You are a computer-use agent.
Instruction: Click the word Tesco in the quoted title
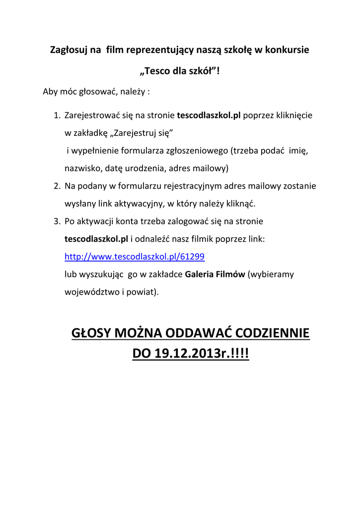[x=157, y=71]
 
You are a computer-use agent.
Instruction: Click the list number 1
[x=56, y=116]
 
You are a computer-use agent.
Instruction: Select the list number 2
[x=56, y=186]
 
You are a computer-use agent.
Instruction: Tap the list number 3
[x=56, y=221]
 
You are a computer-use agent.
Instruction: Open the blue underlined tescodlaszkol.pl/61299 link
[x=135, y=256]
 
